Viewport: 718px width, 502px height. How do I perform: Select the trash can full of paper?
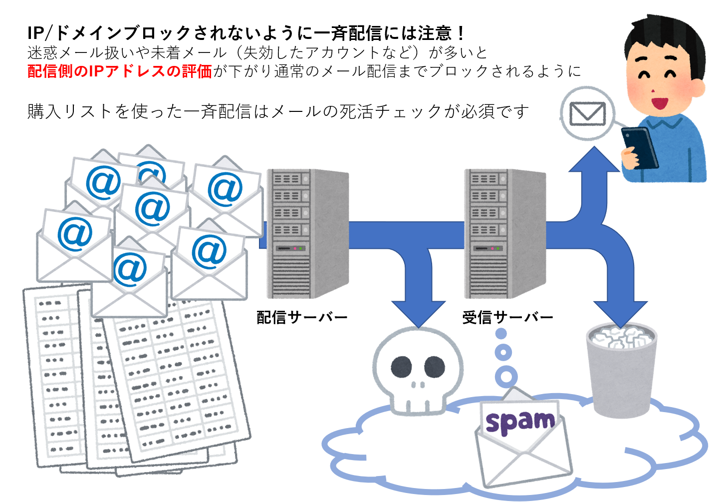coord(621,370)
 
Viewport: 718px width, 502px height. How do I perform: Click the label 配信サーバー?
coord(302,317)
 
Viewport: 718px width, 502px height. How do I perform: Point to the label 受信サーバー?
coord(507,317)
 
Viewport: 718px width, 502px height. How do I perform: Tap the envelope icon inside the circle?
coord(587,114)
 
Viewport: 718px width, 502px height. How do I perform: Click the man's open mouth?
coord(660,103)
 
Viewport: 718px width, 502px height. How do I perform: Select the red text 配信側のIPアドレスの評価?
coord(120,71)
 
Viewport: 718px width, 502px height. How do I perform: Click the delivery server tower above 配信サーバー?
coord(307,233)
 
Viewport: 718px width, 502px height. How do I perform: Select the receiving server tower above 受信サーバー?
coord(505,233)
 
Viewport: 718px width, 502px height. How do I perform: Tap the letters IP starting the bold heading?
coord(36,33)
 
